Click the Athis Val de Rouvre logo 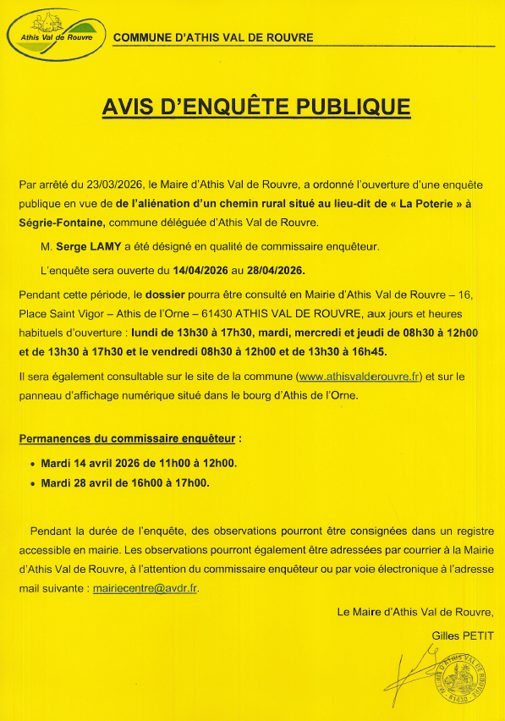56,33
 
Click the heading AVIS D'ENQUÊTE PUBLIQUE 255,107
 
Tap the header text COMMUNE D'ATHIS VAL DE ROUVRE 213,38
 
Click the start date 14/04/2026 204,270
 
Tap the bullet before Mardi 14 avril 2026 33,464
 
